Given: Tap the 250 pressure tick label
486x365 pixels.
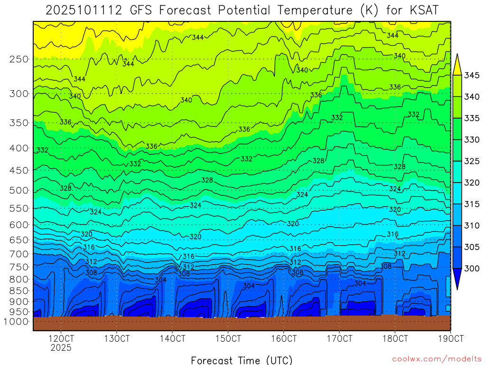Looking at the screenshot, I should pos(19,59).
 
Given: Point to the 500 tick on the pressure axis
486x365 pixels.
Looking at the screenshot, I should pos(19,191).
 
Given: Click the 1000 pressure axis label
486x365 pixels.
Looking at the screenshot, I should pos(17,322).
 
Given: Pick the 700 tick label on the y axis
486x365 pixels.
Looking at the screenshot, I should pos(19,254).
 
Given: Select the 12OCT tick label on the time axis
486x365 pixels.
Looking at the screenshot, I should pos(61,339).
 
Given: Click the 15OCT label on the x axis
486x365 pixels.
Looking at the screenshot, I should pos(228,339).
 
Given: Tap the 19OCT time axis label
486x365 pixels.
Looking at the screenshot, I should pos(450,339).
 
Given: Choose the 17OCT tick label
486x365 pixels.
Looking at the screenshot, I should pos(339,339).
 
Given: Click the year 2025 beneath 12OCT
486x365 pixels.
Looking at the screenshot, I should pos(61,348).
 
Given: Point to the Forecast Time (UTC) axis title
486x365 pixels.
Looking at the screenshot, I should pos(242,360).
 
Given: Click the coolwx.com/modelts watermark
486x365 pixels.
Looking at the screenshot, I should pos(437,359).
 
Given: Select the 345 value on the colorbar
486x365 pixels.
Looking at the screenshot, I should pos(472,75).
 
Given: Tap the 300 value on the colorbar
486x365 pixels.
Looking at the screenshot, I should pos(472,269).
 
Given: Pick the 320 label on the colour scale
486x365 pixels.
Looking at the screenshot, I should pos(472,182).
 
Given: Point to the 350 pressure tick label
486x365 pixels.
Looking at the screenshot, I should pos(19,123).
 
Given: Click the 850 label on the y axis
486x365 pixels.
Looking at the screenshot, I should pos(19,290).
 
